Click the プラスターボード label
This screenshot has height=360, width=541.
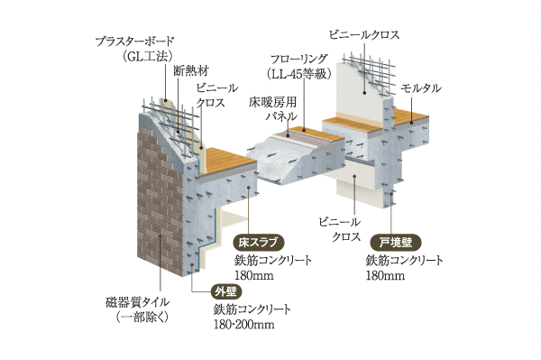click(138, 42)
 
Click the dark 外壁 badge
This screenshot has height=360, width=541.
click(225, 291)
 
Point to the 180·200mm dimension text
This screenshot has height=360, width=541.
click(243, 324)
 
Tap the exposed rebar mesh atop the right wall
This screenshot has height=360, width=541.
click(370, 67)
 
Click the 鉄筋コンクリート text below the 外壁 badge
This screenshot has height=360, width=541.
click(252, 309)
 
